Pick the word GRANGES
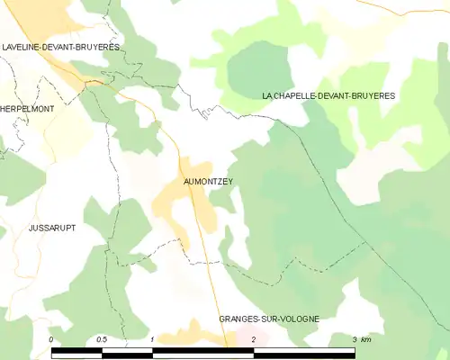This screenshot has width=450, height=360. coord(240,319)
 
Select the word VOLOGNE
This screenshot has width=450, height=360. coord(299,319)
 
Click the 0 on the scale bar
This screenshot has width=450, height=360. coord(52,338)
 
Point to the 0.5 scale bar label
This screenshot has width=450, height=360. coord(102,338)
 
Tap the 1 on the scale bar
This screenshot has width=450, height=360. coord(153,338)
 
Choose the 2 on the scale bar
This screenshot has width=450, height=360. coord(254,338)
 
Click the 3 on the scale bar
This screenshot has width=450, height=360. coord(355,338)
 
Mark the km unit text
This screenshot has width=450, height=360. coord(367,338)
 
